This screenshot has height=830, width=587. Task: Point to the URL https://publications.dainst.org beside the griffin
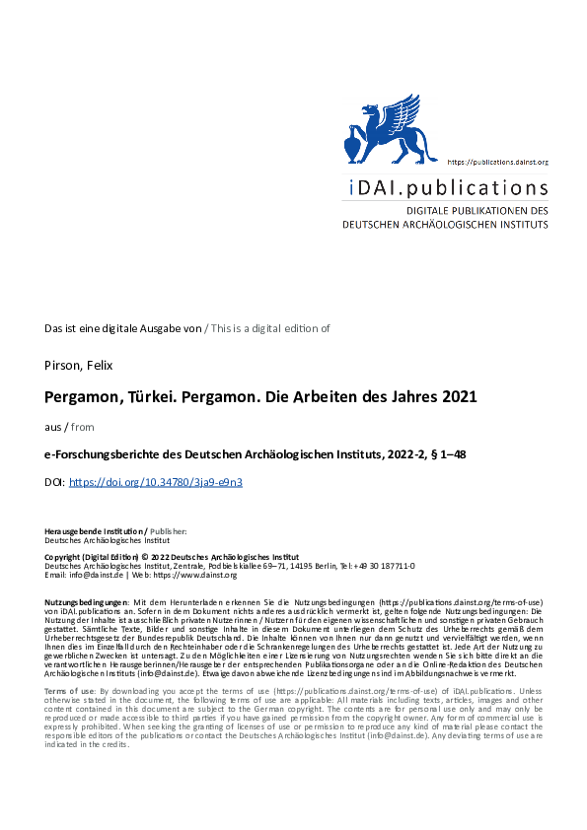click(x=497, y=161)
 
